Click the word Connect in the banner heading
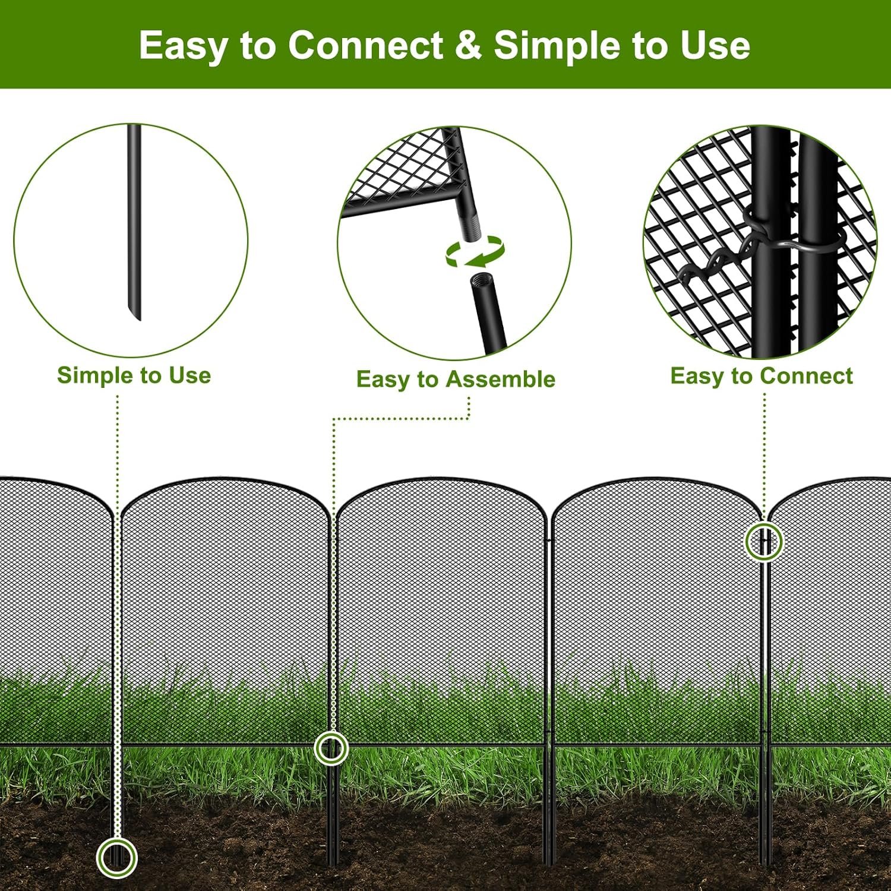coord(365,45)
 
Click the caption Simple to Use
coord(134,375)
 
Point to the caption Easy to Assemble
coord(456,379)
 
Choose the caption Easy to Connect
coord(762,376)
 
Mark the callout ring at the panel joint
coord(764,523)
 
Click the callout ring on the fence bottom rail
coord(331,732)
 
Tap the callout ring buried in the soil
coord(117,839)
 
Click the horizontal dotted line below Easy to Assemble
coord(401,419)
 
